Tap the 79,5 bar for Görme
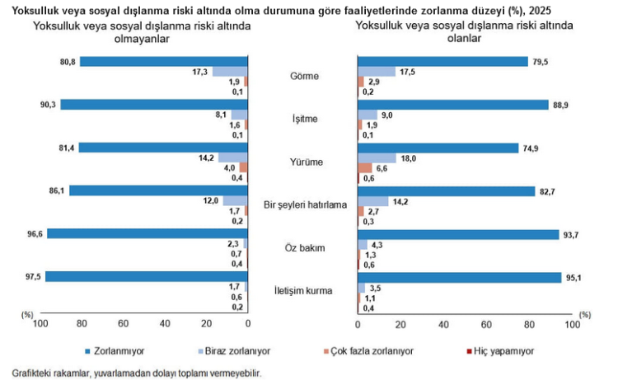(x=442, y=61)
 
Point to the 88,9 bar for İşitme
(x=452, y=105)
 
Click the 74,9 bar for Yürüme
(x=437, y=148)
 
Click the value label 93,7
(x=571, y=234)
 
